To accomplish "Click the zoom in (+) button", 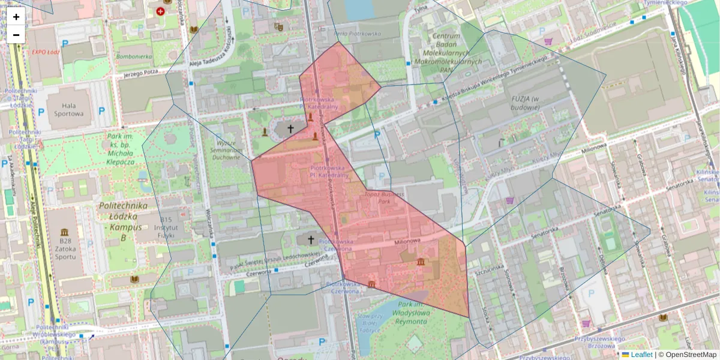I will tap(16, 17).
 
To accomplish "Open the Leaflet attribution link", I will tap(641, 355).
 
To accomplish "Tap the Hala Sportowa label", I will tap(67, 108).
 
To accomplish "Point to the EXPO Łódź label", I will tap(47, 52).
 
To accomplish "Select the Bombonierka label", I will tap(134, 56).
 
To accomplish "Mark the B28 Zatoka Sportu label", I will tap(65, 245).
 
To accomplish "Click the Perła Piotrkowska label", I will tap(358, 34).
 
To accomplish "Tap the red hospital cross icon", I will tap(160, 11).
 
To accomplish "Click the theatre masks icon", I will tap(278, 26).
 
